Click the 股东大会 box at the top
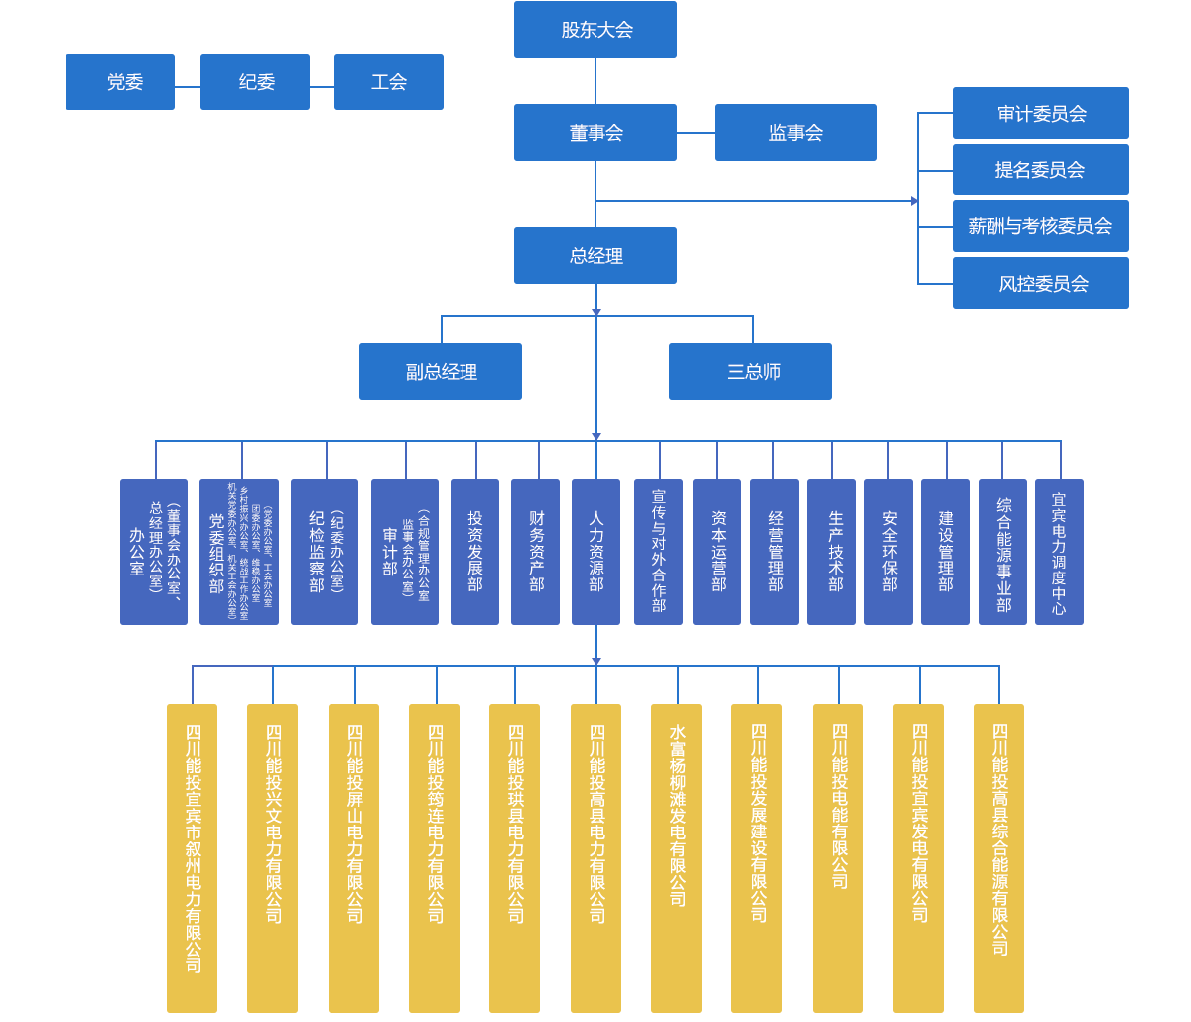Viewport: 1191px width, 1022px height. pyautogui.click(x=595, y=30)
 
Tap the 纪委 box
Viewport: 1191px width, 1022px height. pyautogui.click(x=255, y=81)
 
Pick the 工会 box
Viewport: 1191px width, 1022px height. pyautogui.click(x=388, y=81)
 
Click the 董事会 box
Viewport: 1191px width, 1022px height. pyautogui.click(x=595, y=133)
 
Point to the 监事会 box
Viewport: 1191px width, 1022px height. pyautogui.click(x=795, y=133)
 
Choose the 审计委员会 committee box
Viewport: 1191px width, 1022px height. pyautogui.click(x=1041, y=114)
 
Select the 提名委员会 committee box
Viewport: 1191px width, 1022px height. pyautogui.click(x=1041, y=170)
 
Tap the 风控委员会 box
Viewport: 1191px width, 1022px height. pyautogui.click(x=1043, y=284)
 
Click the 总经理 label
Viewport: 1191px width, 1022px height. pyautogui.click(x=595, y=256)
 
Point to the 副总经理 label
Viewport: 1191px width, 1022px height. pyautogui.click(x=442, y=372)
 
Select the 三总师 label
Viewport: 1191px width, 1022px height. pyautogui.click(x=754, y=372)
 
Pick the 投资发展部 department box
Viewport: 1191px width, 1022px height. pyautogui.click(x=474, y=552)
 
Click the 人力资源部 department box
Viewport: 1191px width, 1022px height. pyautogui.click(x=595, y=552)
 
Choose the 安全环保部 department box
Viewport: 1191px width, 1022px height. pyautogui.click(x=889, y=552)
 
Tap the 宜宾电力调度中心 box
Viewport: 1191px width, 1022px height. pyautogui.click(x=1059, y=552)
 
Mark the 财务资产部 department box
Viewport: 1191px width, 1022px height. pyautogui.click(x=536, y=552)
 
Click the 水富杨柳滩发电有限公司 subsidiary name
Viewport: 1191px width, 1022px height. pyautogui.click(x=678, y=816)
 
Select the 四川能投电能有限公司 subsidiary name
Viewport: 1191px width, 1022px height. pyautogui.click(x=840, y=806)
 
